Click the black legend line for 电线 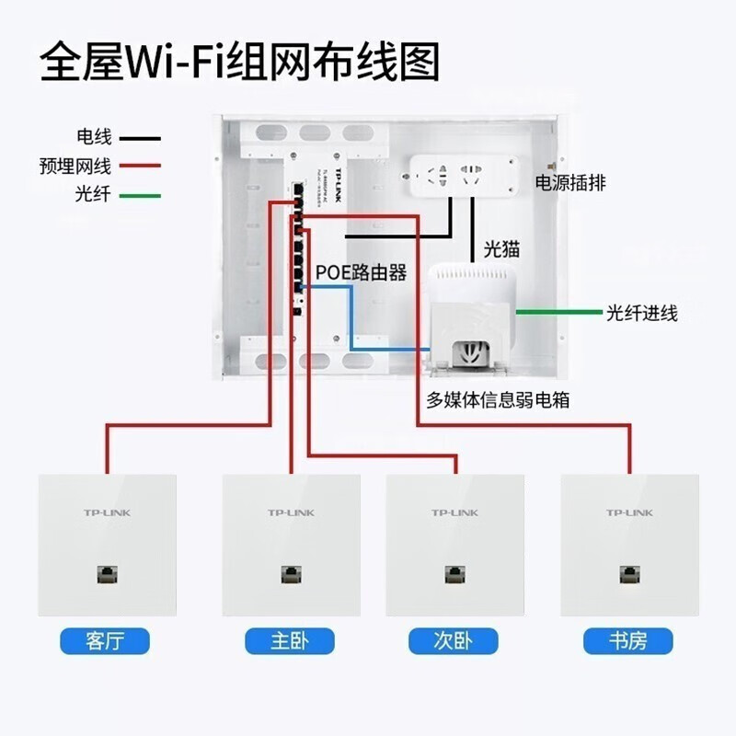(138, 139)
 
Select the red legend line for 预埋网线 (138, 167)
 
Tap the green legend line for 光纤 (138, 195)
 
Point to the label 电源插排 (571, 181)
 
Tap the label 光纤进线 (641, 314)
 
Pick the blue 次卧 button (454, 640)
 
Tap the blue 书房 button (628, 640)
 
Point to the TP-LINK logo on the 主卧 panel (291, 512)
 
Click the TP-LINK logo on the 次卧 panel (454, 512)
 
